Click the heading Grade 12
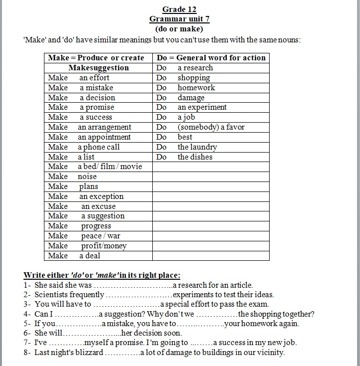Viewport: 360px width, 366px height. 179,9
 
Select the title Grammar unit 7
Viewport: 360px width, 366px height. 179,19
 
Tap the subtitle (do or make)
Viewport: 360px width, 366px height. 179,28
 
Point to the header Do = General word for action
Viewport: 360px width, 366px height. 211,58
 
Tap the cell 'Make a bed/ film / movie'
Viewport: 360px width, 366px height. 95,167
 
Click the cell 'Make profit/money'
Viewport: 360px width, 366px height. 87,246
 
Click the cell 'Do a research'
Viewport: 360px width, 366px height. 185,68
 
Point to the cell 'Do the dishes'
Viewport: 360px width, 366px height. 185,157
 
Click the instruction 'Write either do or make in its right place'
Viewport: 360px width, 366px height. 102,275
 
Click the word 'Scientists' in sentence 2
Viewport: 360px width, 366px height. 52,295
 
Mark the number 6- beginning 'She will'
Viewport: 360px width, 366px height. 27,333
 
